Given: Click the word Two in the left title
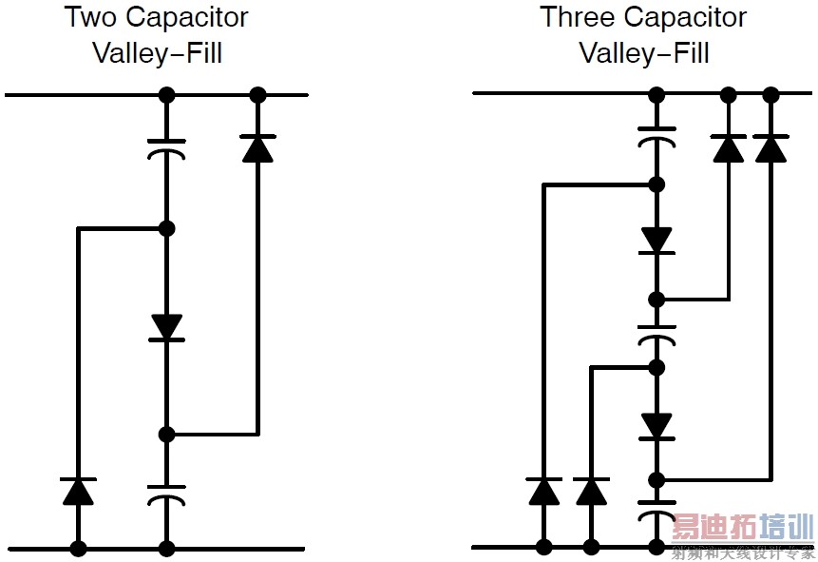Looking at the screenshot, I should click(90, 18).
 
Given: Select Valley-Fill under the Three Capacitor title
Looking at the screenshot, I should click(643, 52).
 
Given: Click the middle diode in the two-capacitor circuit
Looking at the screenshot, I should click(166, 327).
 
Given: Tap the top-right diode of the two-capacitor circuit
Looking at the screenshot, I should click(257, 148).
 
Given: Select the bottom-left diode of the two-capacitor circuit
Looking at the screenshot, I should click(78, 491).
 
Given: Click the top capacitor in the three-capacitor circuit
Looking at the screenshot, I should click(656, 134).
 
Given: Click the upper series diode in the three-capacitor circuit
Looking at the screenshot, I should click(656, 241).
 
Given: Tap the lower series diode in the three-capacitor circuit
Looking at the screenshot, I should click(656, 425).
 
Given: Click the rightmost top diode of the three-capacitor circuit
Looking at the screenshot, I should click(770, 148).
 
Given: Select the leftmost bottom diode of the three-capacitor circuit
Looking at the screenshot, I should click(543, 491).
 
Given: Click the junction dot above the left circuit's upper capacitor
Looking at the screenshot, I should click(166, 95).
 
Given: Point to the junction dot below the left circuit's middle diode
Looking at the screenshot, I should click(166, 435).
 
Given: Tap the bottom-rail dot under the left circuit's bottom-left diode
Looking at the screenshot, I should click(78, 549).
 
